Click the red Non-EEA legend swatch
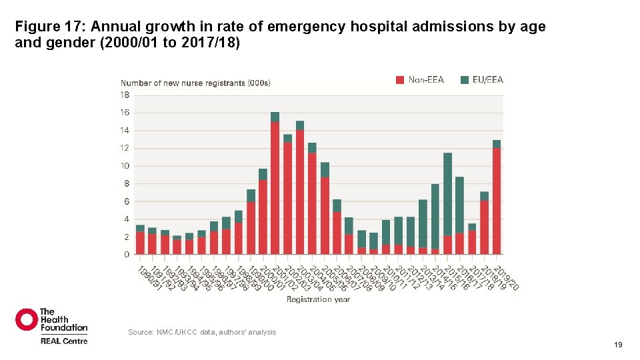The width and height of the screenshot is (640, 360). [x=400, y=80]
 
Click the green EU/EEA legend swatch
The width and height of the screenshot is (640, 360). [x=465, y=80]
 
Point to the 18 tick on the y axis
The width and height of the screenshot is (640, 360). [x=125, y=95]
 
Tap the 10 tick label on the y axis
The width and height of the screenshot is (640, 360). [x=125, y=166]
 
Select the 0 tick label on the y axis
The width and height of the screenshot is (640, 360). [x=127, y=255]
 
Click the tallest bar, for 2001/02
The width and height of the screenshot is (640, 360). [x=275, y=187]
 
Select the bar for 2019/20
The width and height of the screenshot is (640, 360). [x=497, y=200]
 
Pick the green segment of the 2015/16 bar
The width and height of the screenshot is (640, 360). [x=447, y=193]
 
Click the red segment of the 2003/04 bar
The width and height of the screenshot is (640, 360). [x=300, y=193]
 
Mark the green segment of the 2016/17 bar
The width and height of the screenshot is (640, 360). [x=460, y=204]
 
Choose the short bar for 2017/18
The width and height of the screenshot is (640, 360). [x=472, y=240]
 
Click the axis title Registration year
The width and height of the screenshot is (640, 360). [x=318, y=300]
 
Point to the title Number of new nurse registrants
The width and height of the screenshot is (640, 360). [x=195, y=83]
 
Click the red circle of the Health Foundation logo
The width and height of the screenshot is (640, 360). [x=27, y=319]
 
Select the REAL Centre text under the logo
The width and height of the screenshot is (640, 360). [x=63, y=341]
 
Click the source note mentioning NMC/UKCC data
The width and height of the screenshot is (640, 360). [x=201, y=332]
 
